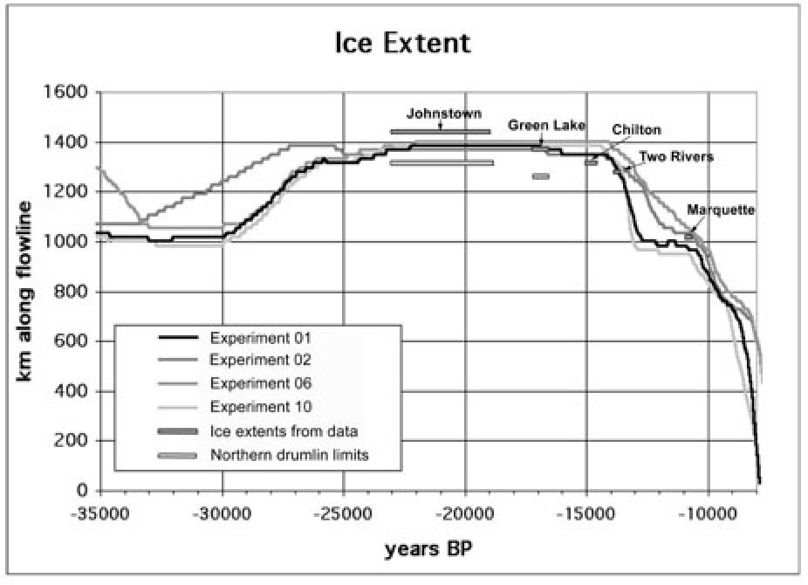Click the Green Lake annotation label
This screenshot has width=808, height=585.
click(547, 125)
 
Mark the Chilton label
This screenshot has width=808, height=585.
click(636, 130)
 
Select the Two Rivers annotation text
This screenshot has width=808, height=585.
click(677, 157)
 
